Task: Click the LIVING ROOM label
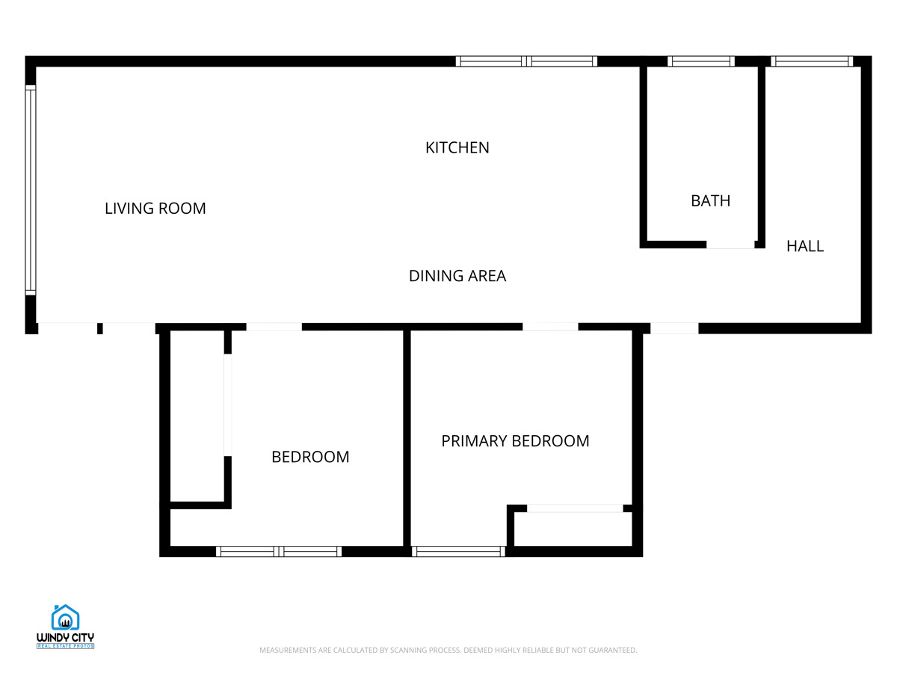coord(155,209)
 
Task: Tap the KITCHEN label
coord(457,147)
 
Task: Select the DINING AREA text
coord(457,276)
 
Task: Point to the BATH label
coord(710,201)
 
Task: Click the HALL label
coord(805,246)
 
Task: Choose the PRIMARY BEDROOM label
coord(515,441)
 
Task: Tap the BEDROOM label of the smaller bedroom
coord(310,457)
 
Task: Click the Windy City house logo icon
coord(65,617)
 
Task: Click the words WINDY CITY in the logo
coord(65,637)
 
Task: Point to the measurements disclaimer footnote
coord(448,650)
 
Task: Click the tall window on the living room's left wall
coord(31,190)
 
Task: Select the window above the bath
coord(701,61)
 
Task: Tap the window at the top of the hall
coord(812,61)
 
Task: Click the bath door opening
coord(730,245)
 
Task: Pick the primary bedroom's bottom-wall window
coord(458,551)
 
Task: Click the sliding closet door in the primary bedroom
coord(575,508)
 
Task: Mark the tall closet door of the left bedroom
coord(228,405)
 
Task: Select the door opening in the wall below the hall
coord(674,328)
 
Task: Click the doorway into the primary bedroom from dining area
coord(550,327)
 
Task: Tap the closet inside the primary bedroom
coord(573,529)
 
